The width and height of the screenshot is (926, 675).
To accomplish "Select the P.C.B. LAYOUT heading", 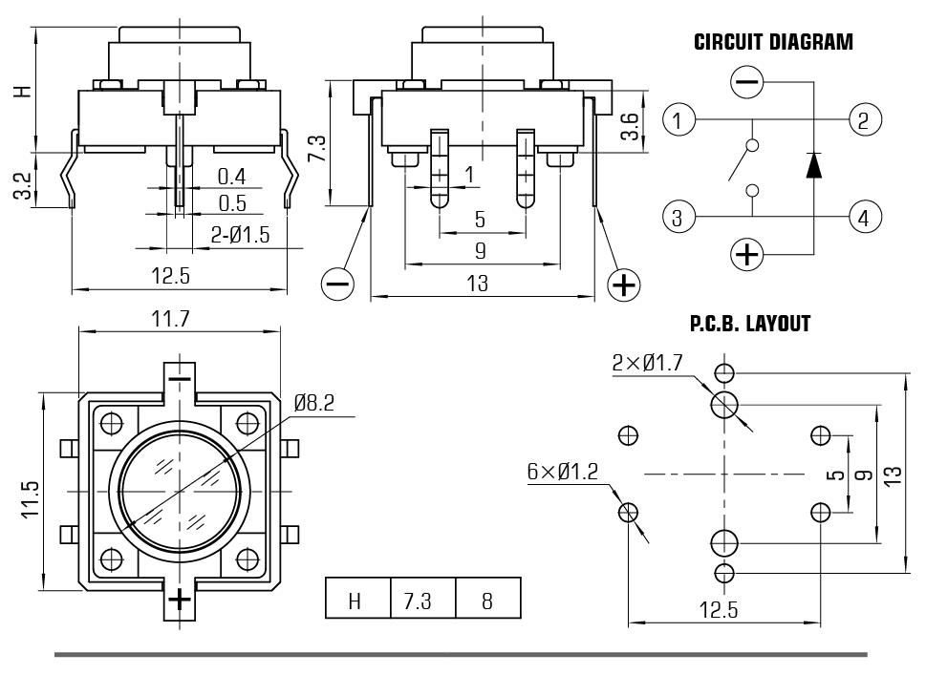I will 750,324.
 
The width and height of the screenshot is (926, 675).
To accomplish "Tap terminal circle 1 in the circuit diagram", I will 678,121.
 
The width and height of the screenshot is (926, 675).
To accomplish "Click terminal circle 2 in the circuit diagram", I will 863,121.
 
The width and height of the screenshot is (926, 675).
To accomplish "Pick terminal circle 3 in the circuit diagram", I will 678,217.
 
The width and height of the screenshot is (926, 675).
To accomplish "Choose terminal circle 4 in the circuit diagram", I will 863,217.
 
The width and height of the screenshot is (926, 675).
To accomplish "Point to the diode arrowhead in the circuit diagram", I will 813,165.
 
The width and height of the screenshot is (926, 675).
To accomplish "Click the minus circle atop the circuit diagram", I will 746,83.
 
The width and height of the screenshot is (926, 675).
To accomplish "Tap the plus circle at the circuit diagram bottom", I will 746,254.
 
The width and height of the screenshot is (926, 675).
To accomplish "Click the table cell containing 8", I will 487,601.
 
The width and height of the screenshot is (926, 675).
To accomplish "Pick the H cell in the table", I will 356,601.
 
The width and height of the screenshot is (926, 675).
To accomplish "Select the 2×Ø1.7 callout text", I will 651,363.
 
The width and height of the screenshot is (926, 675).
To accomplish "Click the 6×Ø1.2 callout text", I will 562,471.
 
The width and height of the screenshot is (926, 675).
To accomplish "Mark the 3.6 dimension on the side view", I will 629,126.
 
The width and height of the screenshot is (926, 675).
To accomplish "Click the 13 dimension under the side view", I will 478,283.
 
